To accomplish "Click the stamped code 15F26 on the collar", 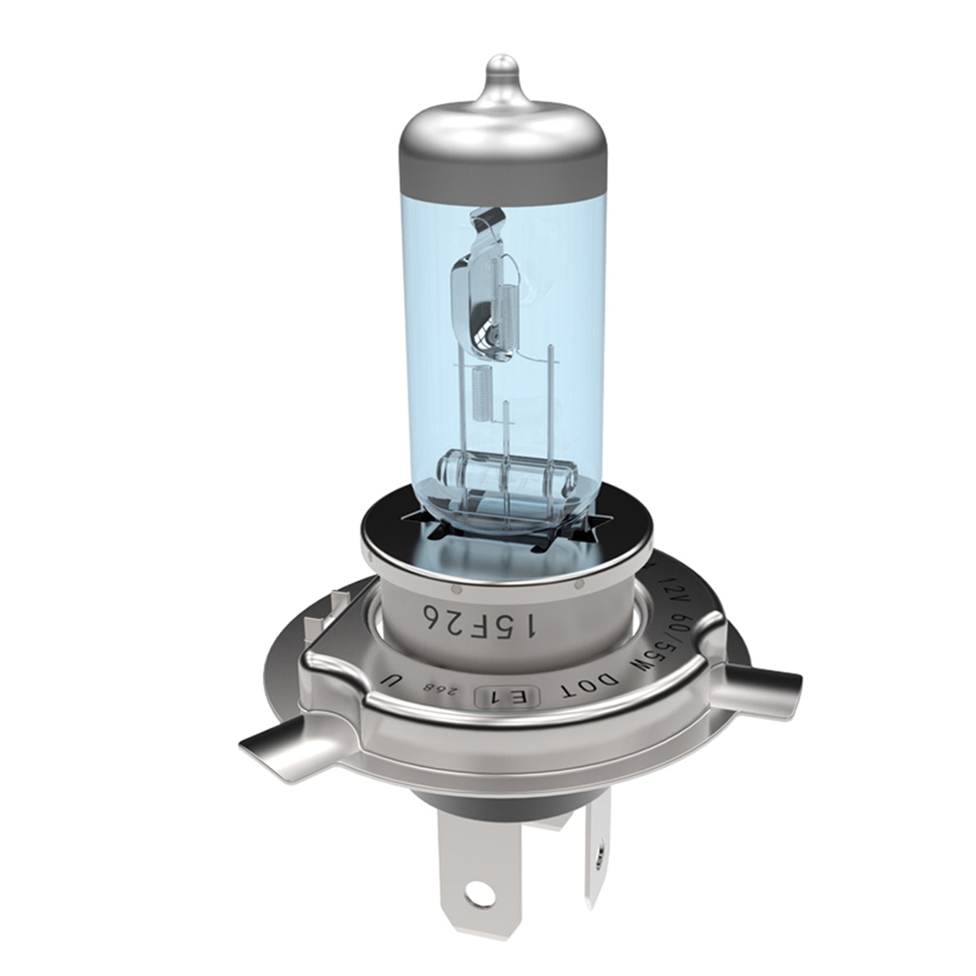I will [478, 621].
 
